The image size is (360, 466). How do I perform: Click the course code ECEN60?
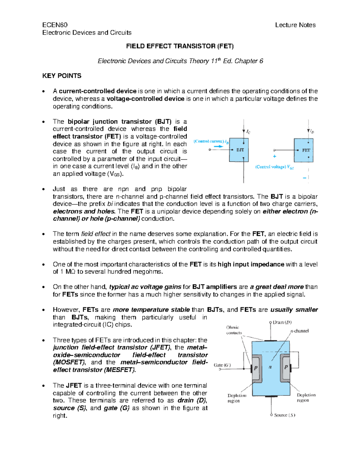tap(55, 25)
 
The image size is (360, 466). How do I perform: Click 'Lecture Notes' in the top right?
tap(295, 25)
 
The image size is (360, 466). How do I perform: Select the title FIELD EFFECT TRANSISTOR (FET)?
tap(180, 46)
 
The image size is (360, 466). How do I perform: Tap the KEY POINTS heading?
tap(62, 76)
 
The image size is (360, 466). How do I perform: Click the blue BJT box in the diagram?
tap(239, 150)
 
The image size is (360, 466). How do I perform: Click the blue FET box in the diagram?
tap(304, 150)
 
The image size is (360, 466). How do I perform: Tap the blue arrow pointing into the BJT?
tap(219, 146)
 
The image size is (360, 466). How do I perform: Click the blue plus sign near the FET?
tap(274, 156)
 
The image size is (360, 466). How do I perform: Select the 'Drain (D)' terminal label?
tap(282, 323)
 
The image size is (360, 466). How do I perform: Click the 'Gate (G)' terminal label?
tap(222, 365)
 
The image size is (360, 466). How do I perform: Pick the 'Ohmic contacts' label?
tap(234, 330)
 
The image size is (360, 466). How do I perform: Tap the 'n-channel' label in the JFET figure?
tap(299, 331)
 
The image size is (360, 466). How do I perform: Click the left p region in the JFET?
tap(256, 368)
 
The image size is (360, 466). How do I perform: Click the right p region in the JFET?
tap(286, 367)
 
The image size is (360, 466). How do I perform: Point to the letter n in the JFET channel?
tap(270, 367)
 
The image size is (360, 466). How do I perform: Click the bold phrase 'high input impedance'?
tap(251, 264)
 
